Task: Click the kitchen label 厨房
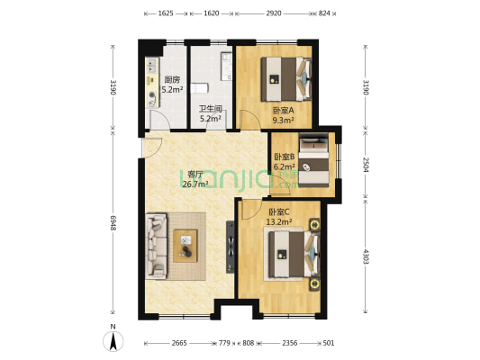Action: tap(172, 80)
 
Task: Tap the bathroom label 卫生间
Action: tap(211, 109)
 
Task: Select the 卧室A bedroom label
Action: tap(283, 110)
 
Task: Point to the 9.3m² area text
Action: tap(283, 121)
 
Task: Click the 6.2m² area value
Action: tap(284, 167)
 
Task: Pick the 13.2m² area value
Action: tap(278, 221)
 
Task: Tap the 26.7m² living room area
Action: tap(195, 184)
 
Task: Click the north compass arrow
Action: tap(113, 341)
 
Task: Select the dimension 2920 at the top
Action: tap(274, 13)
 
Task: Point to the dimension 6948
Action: tap(113, 222)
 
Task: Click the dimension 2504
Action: tap(366, 165)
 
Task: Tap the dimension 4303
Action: tap(366, 256)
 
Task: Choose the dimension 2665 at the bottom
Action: tap(179, 343)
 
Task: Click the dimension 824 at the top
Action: tap(324, 13)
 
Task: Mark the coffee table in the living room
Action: tap(186, 247)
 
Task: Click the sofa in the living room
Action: tap(156, 247)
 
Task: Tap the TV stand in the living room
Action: tap(231, 247)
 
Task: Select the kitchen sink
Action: tap(152, 66)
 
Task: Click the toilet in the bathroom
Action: tap(199, 88)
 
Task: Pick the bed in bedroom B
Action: tap(313, 160)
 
